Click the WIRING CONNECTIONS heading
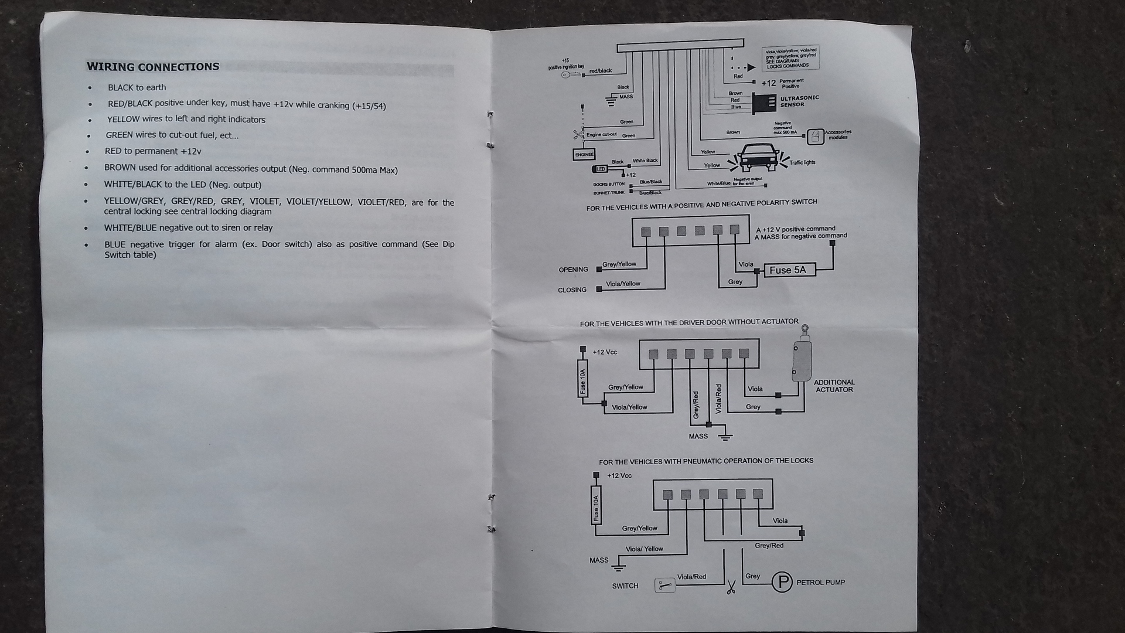[153, 67]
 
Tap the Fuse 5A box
[788, 270]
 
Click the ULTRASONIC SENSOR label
[799, 101]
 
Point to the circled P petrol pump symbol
[782, 582]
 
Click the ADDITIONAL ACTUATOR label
[834, 386]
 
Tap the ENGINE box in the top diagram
[584, 155]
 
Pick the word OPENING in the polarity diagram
[573, 270]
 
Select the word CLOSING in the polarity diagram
[572, 290]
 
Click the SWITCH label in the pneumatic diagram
[625, 586]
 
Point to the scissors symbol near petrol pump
[731, 587]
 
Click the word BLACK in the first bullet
[121, 88]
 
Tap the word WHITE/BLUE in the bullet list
[130, 228]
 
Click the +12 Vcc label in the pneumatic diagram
[619, 476]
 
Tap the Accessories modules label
[838, 135]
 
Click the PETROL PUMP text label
[820, 583]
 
